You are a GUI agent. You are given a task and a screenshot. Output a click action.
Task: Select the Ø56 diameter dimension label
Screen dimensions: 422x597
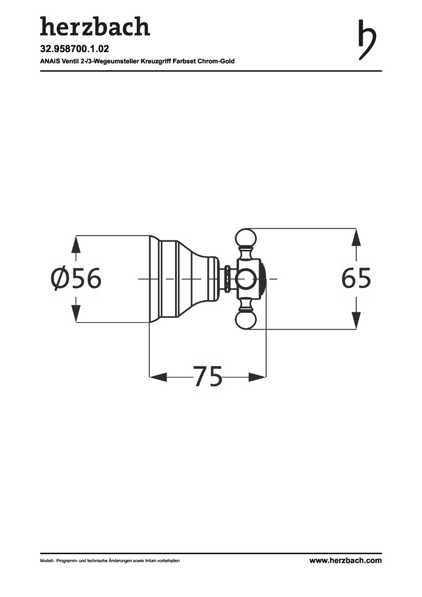pos(76,278)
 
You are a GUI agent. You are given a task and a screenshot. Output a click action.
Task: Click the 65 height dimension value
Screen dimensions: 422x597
pos(356,278)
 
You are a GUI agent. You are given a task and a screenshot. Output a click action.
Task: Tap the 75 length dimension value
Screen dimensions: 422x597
pos(208,376)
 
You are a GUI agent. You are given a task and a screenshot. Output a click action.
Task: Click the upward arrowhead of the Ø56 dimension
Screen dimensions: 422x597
pos(76,244)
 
